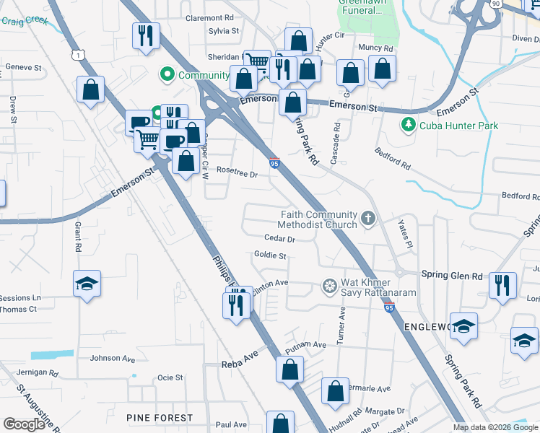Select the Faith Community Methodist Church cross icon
[x=368, y=219]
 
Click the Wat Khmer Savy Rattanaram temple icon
[x=329, y=287]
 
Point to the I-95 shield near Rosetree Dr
[x=274, y=163]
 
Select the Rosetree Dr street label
[x=238, y=173]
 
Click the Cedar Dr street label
[x=280, y=238]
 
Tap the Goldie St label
[x=271, y=255]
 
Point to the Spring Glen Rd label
[x=451, y=276]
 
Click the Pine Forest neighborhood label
[x=160, y=418]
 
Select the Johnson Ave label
[x=113, y=358]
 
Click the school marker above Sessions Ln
[x=87, y=284]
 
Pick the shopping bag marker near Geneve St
[x=91, y=91]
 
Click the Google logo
[x=24, y=424]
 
